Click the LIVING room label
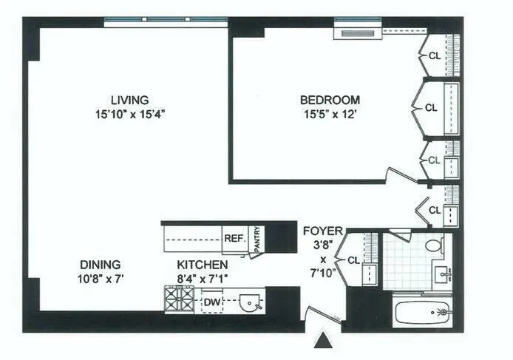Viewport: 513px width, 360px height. pos(129,100)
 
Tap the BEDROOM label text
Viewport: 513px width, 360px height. pos(330,100)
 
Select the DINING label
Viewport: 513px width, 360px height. pos(101,264)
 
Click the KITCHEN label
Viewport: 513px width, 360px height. pos(202,264)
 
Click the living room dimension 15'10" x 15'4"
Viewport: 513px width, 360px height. pos(129,114)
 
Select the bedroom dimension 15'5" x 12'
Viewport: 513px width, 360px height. pos(330,114)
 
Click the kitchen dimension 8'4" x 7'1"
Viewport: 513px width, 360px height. pos(202,278)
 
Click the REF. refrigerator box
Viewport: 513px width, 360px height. pos(234,239)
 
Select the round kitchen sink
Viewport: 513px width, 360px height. pos(252,302)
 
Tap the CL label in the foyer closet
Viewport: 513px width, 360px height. pos(353,259)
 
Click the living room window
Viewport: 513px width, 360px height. pos(164,23)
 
